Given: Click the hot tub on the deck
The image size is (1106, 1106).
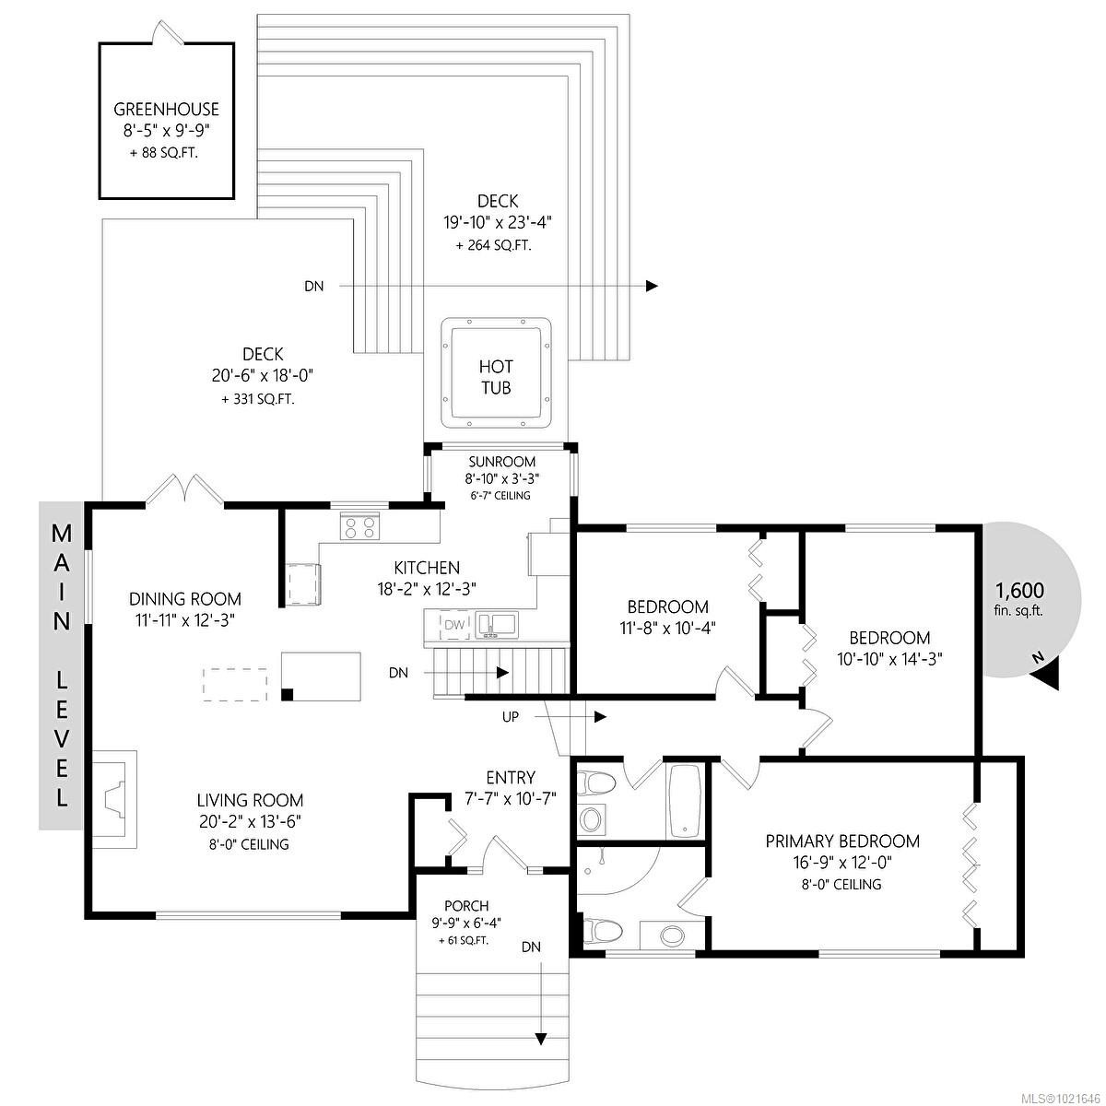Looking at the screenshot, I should [496, 373].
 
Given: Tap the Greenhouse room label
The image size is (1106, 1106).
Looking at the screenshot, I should [166, 110].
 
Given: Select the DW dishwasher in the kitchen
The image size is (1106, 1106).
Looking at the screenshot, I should [453, 626].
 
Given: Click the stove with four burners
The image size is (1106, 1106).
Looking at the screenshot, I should [360, 527].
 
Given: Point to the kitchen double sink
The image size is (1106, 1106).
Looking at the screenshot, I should [497, 625].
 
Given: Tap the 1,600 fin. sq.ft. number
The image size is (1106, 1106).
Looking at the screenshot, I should [1019, 591].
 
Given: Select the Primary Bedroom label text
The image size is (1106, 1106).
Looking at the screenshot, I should [842, 841].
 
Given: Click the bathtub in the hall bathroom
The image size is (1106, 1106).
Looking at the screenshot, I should [685, 801].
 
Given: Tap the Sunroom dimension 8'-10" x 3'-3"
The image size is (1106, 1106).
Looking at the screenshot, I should [501, 478].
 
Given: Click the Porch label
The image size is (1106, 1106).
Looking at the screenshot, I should [465, 906].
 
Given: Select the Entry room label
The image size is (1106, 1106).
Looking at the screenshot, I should [510, 778].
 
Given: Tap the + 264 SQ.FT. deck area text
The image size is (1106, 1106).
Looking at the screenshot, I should [493, 246].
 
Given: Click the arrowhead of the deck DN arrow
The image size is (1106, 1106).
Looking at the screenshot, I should [652, 286].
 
